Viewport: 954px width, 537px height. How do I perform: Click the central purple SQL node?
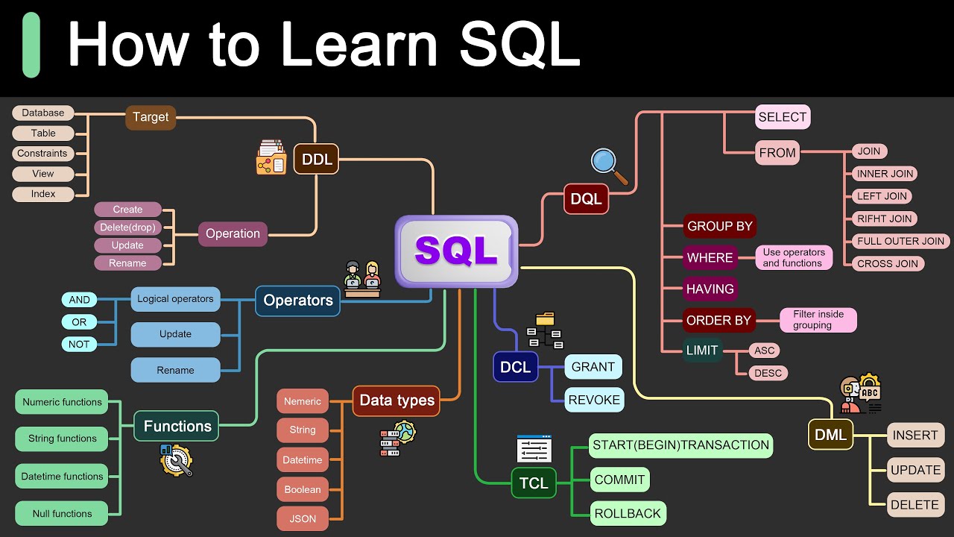pyautogui.click(x=456, y=251)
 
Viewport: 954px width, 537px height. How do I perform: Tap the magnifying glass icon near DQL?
pyautogui.click(x=609, y=165)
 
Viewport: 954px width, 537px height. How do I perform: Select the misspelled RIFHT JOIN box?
pyautogui.click(x=884, y=219)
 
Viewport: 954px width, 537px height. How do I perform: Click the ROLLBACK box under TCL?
pyautogui.click(x=628, y=514)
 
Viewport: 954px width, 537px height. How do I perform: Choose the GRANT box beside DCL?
pyautogui.click(x=593, y=367)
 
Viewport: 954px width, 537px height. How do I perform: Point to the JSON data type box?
pyautogui.click(x=303, y=519)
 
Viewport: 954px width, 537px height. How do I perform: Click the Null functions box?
pyautogui.click(x=62, y=514)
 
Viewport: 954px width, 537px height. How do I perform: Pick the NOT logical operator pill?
pyautogui.click(x=79, y=344)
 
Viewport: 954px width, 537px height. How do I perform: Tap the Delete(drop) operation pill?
pyautogui.click(x=127, y=227)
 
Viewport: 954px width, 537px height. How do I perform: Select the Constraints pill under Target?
pyautogui.click(x=42, y=154)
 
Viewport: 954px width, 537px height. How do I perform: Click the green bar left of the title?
pyautogui.click(x=31, y=45)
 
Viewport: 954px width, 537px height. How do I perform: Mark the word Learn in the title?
pyautogui.click(x=358, y=45)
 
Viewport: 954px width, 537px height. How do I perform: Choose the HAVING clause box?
pyautogui.click(x=710, y=289)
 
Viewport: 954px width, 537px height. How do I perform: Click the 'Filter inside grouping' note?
pyautogui.click(x=818, y=320)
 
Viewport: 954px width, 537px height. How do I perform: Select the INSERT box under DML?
pyautogui.click(x=915, y=436)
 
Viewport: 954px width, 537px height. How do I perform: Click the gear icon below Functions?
pyautogui.click(x=176, y=460)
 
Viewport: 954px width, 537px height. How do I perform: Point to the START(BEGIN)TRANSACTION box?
pyautogui.click(x=680, y=445)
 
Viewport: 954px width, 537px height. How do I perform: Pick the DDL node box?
pyautogui.click(x=317, y=160)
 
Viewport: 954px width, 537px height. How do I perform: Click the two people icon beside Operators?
pyautogui.click(x=362, y=279)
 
